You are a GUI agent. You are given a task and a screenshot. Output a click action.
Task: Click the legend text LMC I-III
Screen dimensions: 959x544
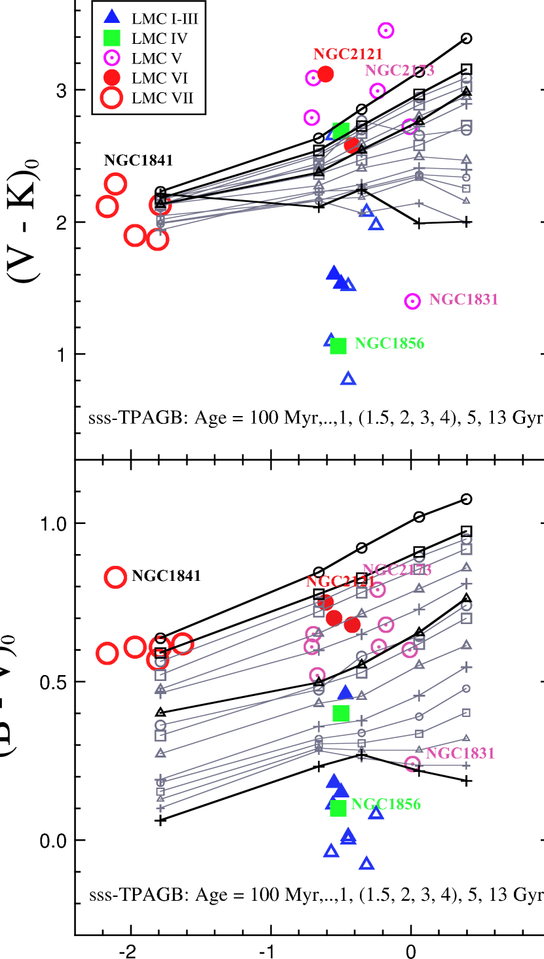[164, 19]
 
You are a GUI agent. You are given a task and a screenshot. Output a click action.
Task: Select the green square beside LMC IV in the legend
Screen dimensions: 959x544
[112, 38]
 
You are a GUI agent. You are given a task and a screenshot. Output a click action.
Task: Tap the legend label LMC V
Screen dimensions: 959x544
[156, 58]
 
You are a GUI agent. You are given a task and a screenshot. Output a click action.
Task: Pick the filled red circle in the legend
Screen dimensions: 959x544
[112, 78]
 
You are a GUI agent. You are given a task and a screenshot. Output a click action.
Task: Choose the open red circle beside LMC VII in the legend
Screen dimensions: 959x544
[112, 98]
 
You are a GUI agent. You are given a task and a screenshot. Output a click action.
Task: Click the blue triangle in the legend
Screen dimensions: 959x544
[112, 17]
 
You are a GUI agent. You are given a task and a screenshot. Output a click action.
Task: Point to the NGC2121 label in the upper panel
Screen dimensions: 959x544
[348, 54]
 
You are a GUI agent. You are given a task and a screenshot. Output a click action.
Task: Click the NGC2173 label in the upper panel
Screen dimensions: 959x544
[399, 70]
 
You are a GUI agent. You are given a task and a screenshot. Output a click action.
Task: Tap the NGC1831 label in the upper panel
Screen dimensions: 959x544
[463, 300]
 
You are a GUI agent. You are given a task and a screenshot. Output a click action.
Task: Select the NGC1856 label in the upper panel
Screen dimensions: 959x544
[389, 343]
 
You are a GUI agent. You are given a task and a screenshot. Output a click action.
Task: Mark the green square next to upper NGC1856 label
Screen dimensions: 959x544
[338, 345]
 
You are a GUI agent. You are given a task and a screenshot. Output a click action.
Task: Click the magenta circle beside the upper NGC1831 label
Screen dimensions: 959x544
[412, 301]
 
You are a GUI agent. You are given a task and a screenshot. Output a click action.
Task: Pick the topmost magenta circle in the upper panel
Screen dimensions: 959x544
[386, 30]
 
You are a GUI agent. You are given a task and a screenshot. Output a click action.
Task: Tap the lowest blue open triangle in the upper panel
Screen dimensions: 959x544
[348, 378]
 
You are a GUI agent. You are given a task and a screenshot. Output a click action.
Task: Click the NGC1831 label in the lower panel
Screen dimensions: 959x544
[460, 754]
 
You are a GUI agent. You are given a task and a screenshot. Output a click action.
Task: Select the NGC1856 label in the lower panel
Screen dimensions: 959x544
[386, 804]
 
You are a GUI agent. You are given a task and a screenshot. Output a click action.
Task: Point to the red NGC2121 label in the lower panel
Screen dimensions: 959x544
[340, 582]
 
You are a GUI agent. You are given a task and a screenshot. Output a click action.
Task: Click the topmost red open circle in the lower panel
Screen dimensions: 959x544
[115, 577]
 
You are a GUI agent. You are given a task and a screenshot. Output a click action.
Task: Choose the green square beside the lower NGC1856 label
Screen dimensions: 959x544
[338, 809]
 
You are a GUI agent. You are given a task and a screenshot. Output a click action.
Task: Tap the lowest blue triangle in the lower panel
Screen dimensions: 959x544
[367, 863]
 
